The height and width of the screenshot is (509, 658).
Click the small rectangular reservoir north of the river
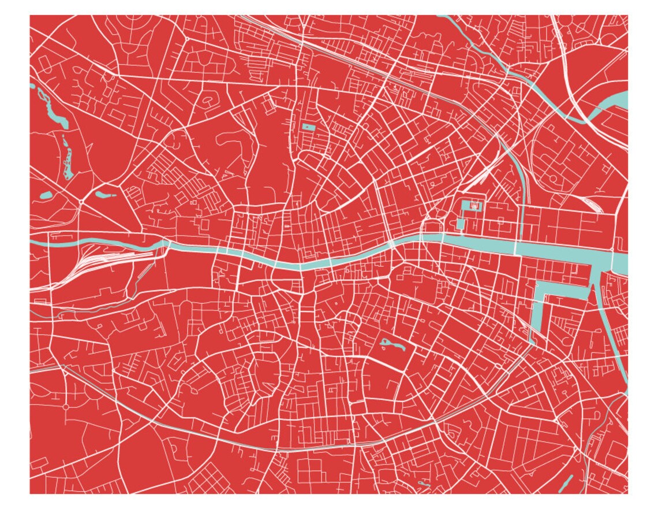click(306, 127)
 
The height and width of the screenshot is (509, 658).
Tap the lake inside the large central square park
click(392, 345)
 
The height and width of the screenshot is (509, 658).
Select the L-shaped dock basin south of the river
click(540, 306)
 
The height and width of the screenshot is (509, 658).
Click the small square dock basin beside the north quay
click(461, 224)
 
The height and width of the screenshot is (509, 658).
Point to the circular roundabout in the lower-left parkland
click(66, 407)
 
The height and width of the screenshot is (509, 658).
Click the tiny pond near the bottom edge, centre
click(424, 483)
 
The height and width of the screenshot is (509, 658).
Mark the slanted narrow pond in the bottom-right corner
click(567, 483)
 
